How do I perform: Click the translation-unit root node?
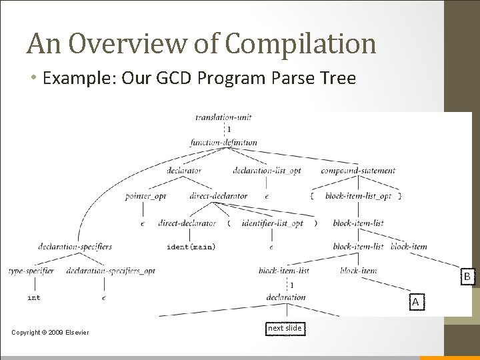click(x=223, y=117)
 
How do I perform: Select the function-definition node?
click(x=223, y=142)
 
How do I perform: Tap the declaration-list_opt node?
click(x=267, y=171)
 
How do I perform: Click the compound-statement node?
click(x=357, y=171)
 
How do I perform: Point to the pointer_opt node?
click(x=145, y=196)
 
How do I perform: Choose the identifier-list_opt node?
click(x=272, y=223)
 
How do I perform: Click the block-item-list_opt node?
click(x=359, y=196)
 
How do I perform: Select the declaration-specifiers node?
click(x=75, y=246)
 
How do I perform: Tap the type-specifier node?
click(x=31, y=271)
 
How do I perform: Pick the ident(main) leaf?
click(x=191, y=247)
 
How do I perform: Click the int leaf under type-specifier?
click(x=33, y=297)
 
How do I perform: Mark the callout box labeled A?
click(x=415, y=302)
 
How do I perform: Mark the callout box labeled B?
click(x=467, y=276)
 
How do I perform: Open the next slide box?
click(x=285, y=328)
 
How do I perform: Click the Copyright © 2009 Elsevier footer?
click(x=51, y=333)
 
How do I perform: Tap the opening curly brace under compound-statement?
click(x=312, y=196)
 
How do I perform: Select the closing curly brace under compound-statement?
click(x=399, y=196)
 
